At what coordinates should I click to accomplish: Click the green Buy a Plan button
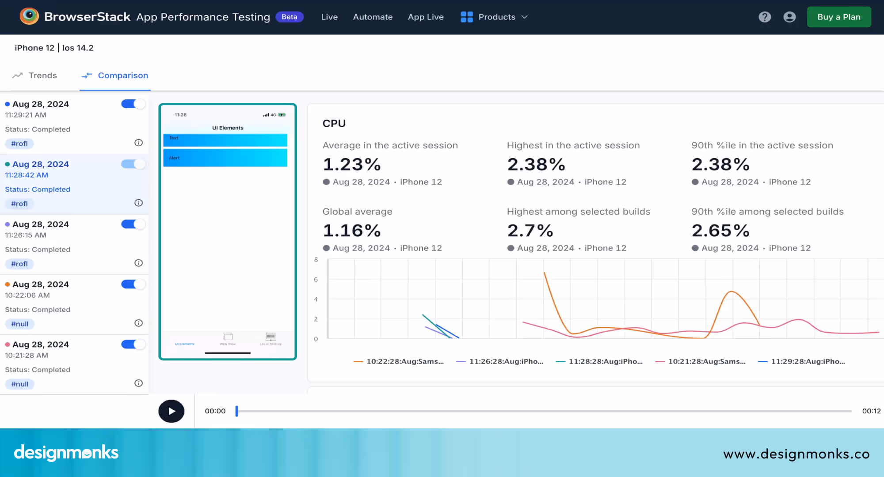(x=838, y=17)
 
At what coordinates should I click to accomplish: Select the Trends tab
(x=35, y=76)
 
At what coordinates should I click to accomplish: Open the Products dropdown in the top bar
(x=494, y=17)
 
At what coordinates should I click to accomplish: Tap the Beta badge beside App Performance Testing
(x=289, y=17)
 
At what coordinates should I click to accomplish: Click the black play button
(x=171, y=411)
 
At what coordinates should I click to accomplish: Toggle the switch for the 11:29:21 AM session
(x=133, y=104)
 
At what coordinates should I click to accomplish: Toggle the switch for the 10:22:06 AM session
(x=133, y=284)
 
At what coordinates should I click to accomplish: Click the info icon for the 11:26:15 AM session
(x=138, y=263)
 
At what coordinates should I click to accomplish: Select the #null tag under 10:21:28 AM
(x=19, y=384)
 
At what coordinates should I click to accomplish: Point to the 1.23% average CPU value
(x=352, y=164)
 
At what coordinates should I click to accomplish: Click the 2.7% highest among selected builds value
(x=530, y=231)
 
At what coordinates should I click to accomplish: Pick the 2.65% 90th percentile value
(x=720, y=231)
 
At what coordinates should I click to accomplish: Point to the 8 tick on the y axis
(x=316, y=260)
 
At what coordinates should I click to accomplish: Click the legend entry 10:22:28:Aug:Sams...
(x=399, y=361)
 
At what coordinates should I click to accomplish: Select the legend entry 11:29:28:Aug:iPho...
(x=802, y=361)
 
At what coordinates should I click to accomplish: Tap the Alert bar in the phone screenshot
(x=225, y=158)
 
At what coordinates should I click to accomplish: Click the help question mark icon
(x=765, y=17)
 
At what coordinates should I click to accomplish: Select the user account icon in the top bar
(x=789, y=17)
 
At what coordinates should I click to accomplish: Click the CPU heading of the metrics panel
(x=334, y=123)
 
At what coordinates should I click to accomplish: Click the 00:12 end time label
(x=871, y=411)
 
